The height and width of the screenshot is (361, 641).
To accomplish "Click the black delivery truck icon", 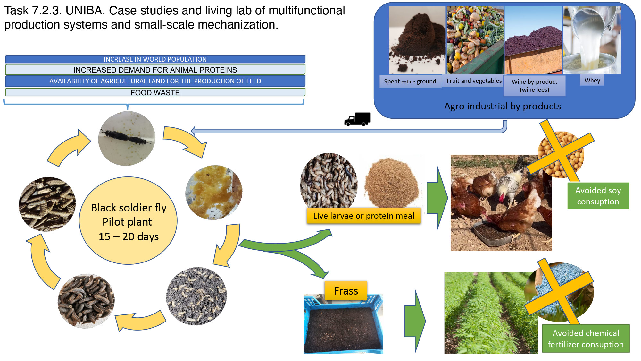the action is click(x=357, y=119).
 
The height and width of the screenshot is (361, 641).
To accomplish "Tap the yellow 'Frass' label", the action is click(x=346, y=291).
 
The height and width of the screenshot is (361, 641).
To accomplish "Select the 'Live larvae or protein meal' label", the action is click(x=363, y=216).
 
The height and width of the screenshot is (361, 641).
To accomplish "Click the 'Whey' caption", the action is click(x=592, y=80).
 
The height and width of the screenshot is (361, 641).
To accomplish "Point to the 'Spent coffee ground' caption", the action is click(x=410, y=81).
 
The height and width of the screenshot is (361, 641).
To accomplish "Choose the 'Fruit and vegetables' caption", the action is click(x=474, y=81).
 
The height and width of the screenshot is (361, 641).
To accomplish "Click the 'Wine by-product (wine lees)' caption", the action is click(x=534, y=86).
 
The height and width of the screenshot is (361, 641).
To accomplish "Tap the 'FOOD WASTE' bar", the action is click(x=155, y=92).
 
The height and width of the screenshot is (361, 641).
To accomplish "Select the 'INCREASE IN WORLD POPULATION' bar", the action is click(x=155, y=59).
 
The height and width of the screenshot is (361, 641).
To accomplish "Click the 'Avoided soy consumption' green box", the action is click(x=598, y=196).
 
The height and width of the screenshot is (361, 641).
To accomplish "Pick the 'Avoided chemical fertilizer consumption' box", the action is click(x=586, y=339).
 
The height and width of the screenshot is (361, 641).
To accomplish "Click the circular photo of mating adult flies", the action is click(x=127, y=139).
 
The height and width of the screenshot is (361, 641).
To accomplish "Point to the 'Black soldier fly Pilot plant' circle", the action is click(x=128, y=221).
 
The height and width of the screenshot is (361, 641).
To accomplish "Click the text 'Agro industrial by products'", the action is click(x=503, y=106).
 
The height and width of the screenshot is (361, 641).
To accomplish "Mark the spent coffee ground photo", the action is click(x=417, y=40).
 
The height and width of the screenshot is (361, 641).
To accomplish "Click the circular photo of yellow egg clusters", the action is click(x=214, y=193).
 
